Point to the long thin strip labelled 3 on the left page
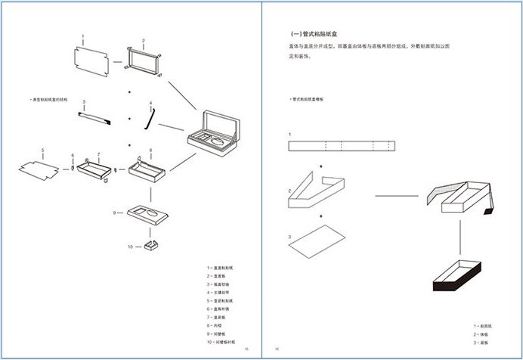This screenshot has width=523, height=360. click(94, 116)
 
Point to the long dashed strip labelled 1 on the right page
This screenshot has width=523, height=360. click(342, 146)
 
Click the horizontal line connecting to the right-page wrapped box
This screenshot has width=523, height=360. click(397, 196)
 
